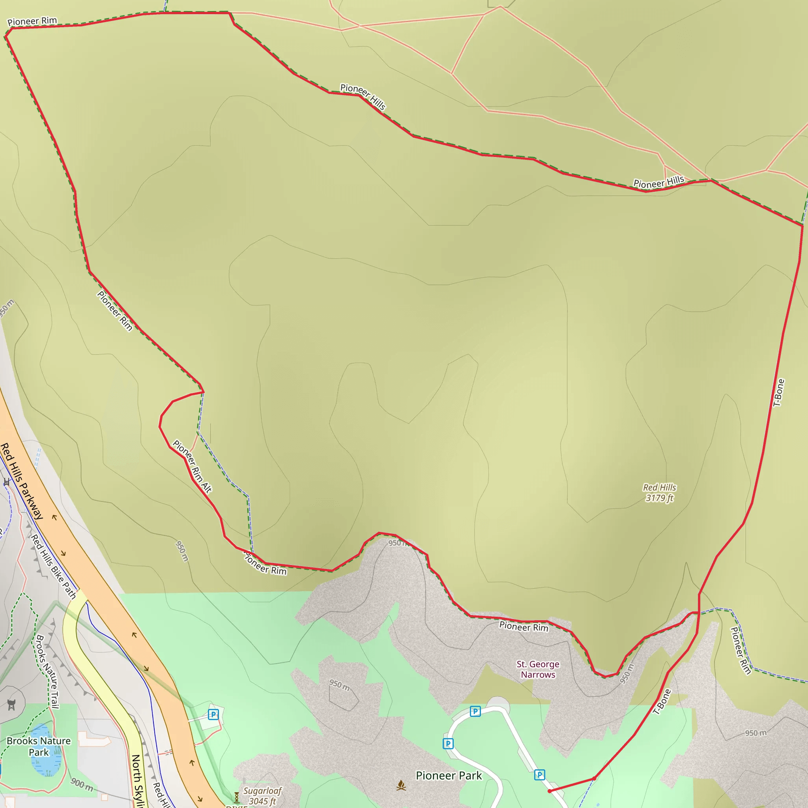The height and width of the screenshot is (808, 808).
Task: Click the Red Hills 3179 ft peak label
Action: click(660, 493)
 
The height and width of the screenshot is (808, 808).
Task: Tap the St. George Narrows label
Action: click(538, 669)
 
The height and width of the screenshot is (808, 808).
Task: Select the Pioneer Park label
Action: click(449, 775)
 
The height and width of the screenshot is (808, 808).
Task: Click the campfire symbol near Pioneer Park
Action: click(401, 786)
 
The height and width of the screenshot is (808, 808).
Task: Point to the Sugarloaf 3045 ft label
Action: click(262, 795)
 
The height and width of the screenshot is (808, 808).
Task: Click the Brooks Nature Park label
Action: click(39, 746)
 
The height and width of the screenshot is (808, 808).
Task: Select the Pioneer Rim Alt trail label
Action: click(193, 466)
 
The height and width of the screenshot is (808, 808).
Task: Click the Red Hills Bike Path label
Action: click(54, 566)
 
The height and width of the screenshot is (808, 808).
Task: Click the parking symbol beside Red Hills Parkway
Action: click(213, 714)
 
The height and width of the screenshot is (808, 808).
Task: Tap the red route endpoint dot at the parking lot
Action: click(550, 791)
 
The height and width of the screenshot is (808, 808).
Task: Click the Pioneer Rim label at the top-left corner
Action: click(32, 21)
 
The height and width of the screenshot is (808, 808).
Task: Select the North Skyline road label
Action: click(138, 780)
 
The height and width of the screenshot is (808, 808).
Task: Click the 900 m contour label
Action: click(82, 784)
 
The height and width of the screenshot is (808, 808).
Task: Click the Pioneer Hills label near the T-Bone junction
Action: click(659, 182)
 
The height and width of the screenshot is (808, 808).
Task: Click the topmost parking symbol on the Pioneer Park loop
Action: click(475, 711)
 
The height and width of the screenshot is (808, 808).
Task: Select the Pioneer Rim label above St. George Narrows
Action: click(524, 627)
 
